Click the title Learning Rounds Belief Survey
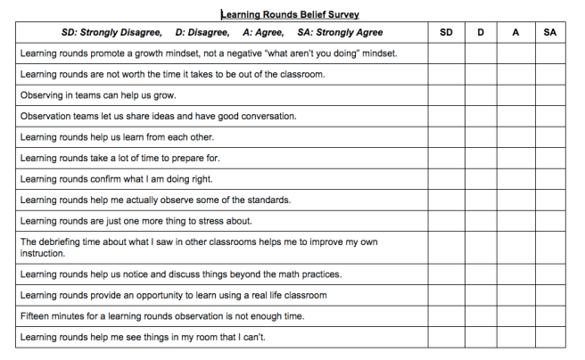tap(290, 14)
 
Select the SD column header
tap(446, 33)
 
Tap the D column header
tap(481, 33)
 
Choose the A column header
tap(515, 33)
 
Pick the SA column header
tap(550, 33)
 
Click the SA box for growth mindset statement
tap(550, 53)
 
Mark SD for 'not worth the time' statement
tap(446, 74)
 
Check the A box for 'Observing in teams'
tap(515, 95)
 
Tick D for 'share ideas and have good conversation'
tap(481, 116)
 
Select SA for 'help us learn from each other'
tap(550, 137)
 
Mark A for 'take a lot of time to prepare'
tap(515, 158)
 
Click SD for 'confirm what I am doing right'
tap(446, 179)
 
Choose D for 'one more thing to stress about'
tap(481, 221)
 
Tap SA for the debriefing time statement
tap(550, 247)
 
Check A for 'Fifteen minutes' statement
tap(515, 316)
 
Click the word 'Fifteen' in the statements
tap(36, 316)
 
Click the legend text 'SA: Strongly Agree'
tap(341, 33)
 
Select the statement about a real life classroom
tap(173, 295)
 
